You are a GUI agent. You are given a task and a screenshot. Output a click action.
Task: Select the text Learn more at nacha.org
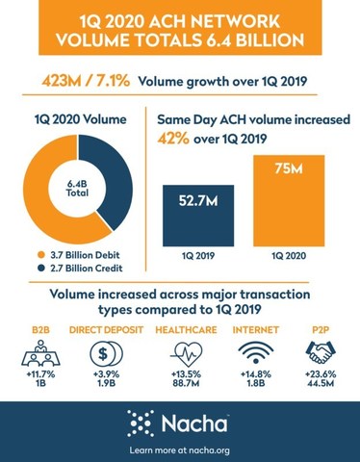[x=180, y=449]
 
